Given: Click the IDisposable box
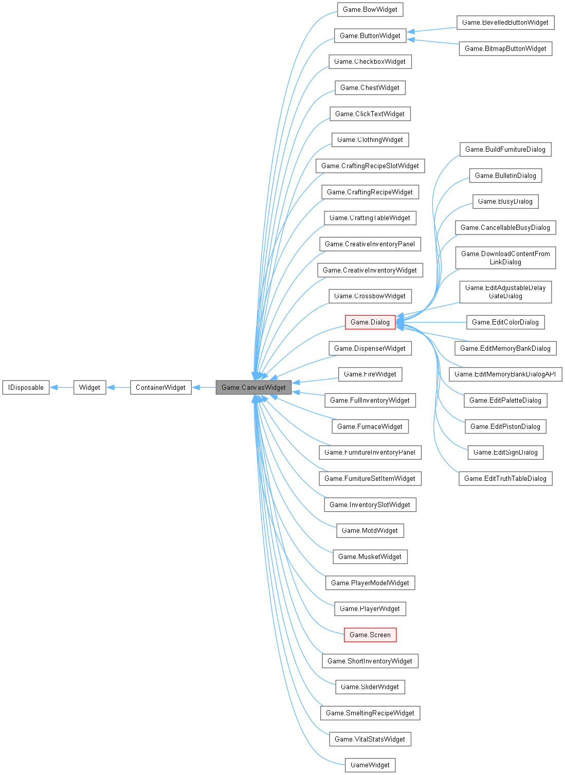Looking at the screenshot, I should point(26,387).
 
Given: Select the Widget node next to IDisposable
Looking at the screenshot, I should point(89,387).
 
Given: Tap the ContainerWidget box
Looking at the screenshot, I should point(160,387).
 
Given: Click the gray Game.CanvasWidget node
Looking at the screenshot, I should point(253,387).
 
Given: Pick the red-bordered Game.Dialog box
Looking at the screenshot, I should point(370,322).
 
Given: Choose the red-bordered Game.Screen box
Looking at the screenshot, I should point(370,635).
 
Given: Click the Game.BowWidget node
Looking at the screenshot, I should point(370,9).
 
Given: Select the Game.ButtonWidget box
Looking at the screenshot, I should point(370,35).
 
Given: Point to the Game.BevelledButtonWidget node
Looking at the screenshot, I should point(505,22).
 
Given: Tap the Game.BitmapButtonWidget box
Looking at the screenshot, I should point(505,48).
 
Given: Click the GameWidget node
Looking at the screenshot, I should point(370,765).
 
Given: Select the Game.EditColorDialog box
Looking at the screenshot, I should point(505,322).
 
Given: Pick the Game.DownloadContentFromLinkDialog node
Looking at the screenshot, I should point(505,258).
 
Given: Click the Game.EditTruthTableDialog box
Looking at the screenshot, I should point(505,478).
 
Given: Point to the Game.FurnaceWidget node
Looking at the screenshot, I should point(370,426).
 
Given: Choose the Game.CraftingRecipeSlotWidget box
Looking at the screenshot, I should point(370,166).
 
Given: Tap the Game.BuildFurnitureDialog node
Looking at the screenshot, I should point(505,149).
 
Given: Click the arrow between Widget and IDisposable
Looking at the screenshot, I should point(62,387).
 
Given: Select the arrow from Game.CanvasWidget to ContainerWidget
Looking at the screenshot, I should point(204,387).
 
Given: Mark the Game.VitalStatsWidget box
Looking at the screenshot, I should point(370,739).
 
